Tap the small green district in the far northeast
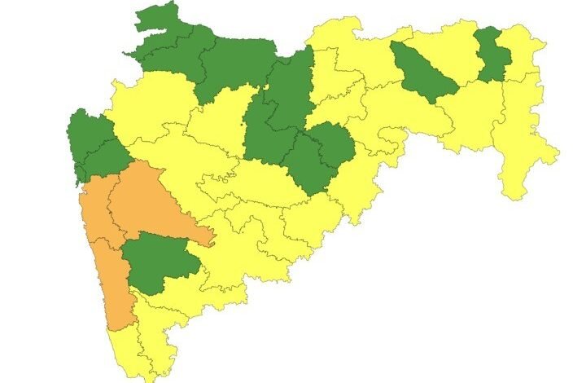pyautogui.click(x=490, y=54)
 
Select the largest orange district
pyautogui.click(x=151, y=204)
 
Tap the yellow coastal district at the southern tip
pyautogui.click(x=122, y=350)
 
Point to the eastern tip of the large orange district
pyautogui.click(x=210, y=239)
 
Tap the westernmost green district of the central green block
pyautogui.click(x=265, y=134)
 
